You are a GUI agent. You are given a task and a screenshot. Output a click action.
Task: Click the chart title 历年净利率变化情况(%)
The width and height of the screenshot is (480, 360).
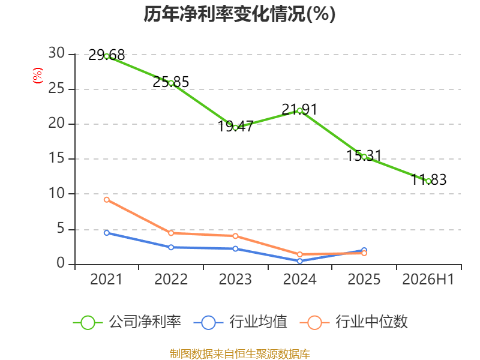point(239,14)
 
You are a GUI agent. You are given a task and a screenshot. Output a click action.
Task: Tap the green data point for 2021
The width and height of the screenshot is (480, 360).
point(107,56)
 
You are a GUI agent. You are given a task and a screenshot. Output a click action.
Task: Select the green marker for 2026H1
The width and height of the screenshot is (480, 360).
point(428,181)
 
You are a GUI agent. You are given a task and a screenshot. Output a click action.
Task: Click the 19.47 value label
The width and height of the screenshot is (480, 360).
point(235,126)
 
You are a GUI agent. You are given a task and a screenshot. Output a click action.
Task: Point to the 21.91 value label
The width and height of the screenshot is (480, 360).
point(299,109)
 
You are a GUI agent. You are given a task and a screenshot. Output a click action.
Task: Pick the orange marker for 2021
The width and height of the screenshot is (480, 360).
point(107,200)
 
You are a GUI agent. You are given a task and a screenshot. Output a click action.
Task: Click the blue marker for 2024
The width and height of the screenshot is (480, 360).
point(299,261)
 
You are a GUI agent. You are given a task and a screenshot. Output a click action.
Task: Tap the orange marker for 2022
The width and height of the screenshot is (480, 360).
point(171,233)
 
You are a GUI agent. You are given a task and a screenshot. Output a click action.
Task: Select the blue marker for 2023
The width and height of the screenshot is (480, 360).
point(235,249)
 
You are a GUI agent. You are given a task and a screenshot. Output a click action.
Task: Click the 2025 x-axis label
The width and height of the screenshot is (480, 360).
point(364,279)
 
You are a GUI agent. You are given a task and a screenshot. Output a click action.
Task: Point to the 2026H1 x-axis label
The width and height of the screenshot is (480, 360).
point(428,279)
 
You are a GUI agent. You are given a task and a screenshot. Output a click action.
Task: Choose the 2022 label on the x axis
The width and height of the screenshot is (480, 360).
point(171,279)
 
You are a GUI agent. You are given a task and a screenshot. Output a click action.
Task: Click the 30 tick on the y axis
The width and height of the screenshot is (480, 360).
point(56,53)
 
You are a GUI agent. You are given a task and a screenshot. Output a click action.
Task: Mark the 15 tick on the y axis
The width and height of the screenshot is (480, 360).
point(56,158)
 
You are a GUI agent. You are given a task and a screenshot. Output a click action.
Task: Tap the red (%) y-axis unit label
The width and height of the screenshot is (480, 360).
point(38,76)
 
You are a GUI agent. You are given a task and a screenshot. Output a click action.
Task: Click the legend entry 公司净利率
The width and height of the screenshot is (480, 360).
point(127,322)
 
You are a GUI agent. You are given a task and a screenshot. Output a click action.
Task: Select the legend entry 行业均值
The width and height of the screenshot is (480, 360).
point(241,322)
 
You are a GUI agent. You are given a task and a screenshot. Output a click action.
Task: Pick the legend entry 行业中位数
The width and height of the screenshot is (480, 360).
point(354,322)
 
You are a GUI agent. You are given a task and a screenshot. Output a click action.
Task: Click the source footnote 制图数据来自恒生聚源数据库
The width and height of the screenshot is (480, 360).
point(239,354)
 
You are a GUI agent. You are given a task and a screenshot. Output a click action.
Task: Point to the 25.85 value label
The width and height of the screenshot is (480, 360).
point(171,82)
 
